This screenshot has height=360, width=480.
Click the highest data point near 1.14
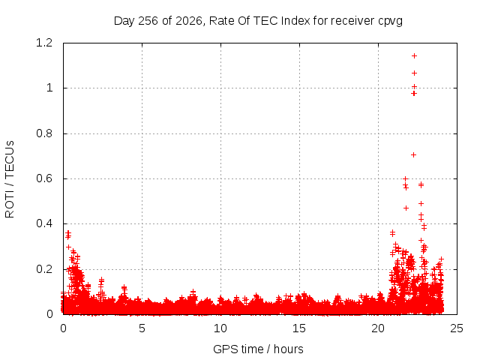click(414, 56)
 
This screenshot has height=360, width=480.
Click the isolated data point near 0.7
click(413, 155)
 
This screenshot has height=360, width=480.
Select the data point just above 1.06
click(414, 73)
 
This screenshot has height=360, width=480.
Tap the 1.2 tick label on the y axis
click(44, 43)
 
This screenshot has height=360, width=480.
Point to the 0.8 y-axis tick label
click(44, 133)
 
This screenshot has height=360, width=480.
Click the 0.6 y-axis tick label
click(44, 178)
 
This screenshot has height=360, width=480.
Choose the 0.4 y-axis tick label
click(44, 223)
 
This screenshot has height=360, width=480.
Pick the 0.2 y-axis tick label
click(44, 269)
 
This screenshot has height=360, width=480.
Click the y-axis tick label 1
click(49, 88)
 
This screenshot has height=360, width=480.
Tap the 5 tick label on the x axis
click(142, 328)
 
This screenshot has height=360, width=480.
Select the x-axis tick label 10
click(220, 328)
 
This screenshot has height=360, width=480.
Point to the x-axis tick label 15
click(299, 328)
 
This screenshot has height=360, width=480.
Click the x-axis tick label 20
click(378, 328)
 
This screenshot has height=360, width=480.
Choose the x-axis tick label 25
click(457, 328)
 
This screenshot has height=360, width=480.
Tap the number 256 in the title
click(148, 21)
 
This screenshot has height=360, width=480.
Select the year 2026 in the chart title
click(189, 21)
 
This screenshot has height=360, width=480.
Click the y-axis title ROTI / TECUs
click(10, 179)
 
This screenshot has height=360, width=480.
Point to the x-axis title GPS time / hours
click(258, 349)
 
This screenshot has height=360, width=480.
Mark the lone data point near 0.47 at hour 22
click(406, 208)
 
